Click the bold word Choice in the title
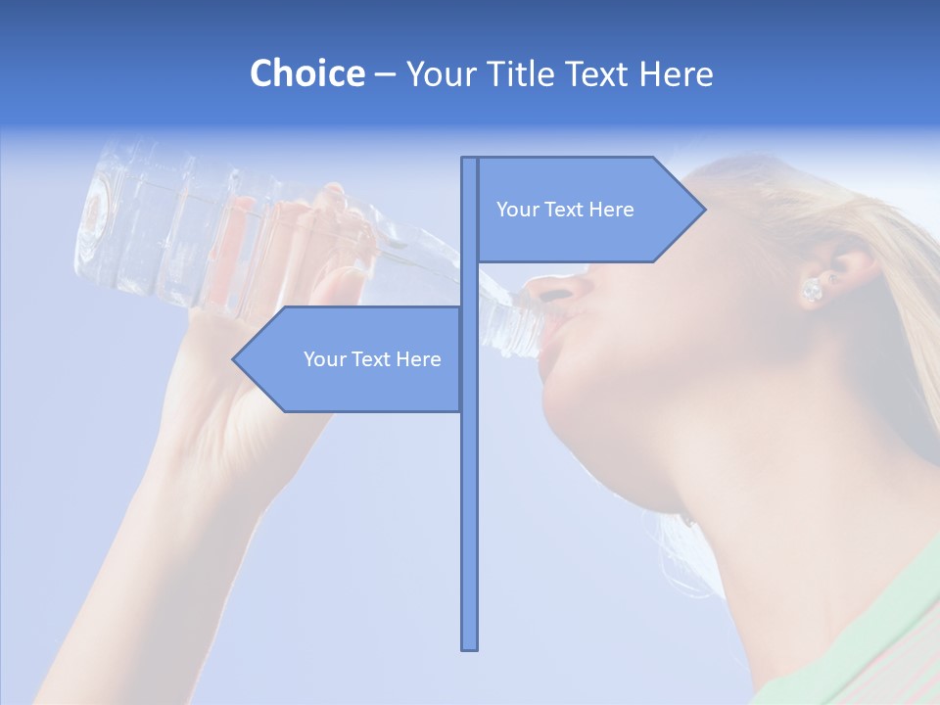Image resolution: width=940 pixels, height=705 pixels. (306, 73)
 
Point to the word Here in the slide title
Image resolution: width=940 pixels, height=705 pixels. (676, 73)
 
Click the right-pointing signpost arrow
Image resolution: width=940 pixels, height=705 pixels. (587, 210)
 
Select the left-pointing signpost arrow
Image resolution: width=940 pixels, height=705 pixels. (352, 359)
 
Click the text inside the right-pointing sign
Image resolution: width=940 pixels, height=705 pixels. (565, 210)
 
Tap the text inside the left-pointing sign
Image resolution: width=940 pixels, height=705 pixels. (372, 359)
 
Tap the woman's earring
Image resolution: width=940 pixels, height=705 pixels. (812, 290)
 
